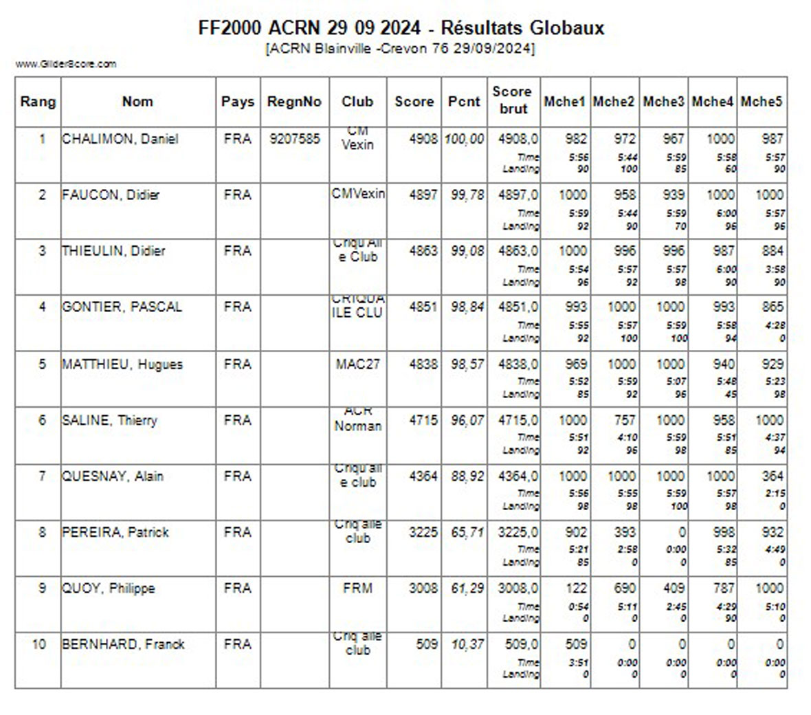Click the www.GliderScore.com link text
(66, 64)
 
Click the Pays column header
(237, 102)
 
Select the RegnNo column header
(294, 102)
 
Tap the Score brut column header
(513, 100)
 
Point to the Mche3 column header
(663, 102)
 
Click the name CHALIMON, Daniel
(120, 139)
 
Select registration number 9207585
(294, 139)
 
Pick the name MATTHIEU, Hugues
(122, 364)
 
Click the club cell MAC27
(357, 364)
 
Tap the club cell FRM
(357, 588)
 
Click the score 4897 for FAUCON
(423, 195)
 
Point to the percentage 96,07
(467, 420)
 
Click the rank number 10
(38, 644)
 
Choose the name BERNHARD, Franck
(123, 644)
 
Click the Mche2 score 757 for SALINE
(625, 420)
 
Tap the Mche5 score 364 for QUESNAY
(772, 476)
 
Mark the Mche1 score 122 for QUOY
(576, 588)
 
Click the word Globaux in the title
(567, 28)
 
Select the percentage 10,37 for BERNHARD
(467, 644)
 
